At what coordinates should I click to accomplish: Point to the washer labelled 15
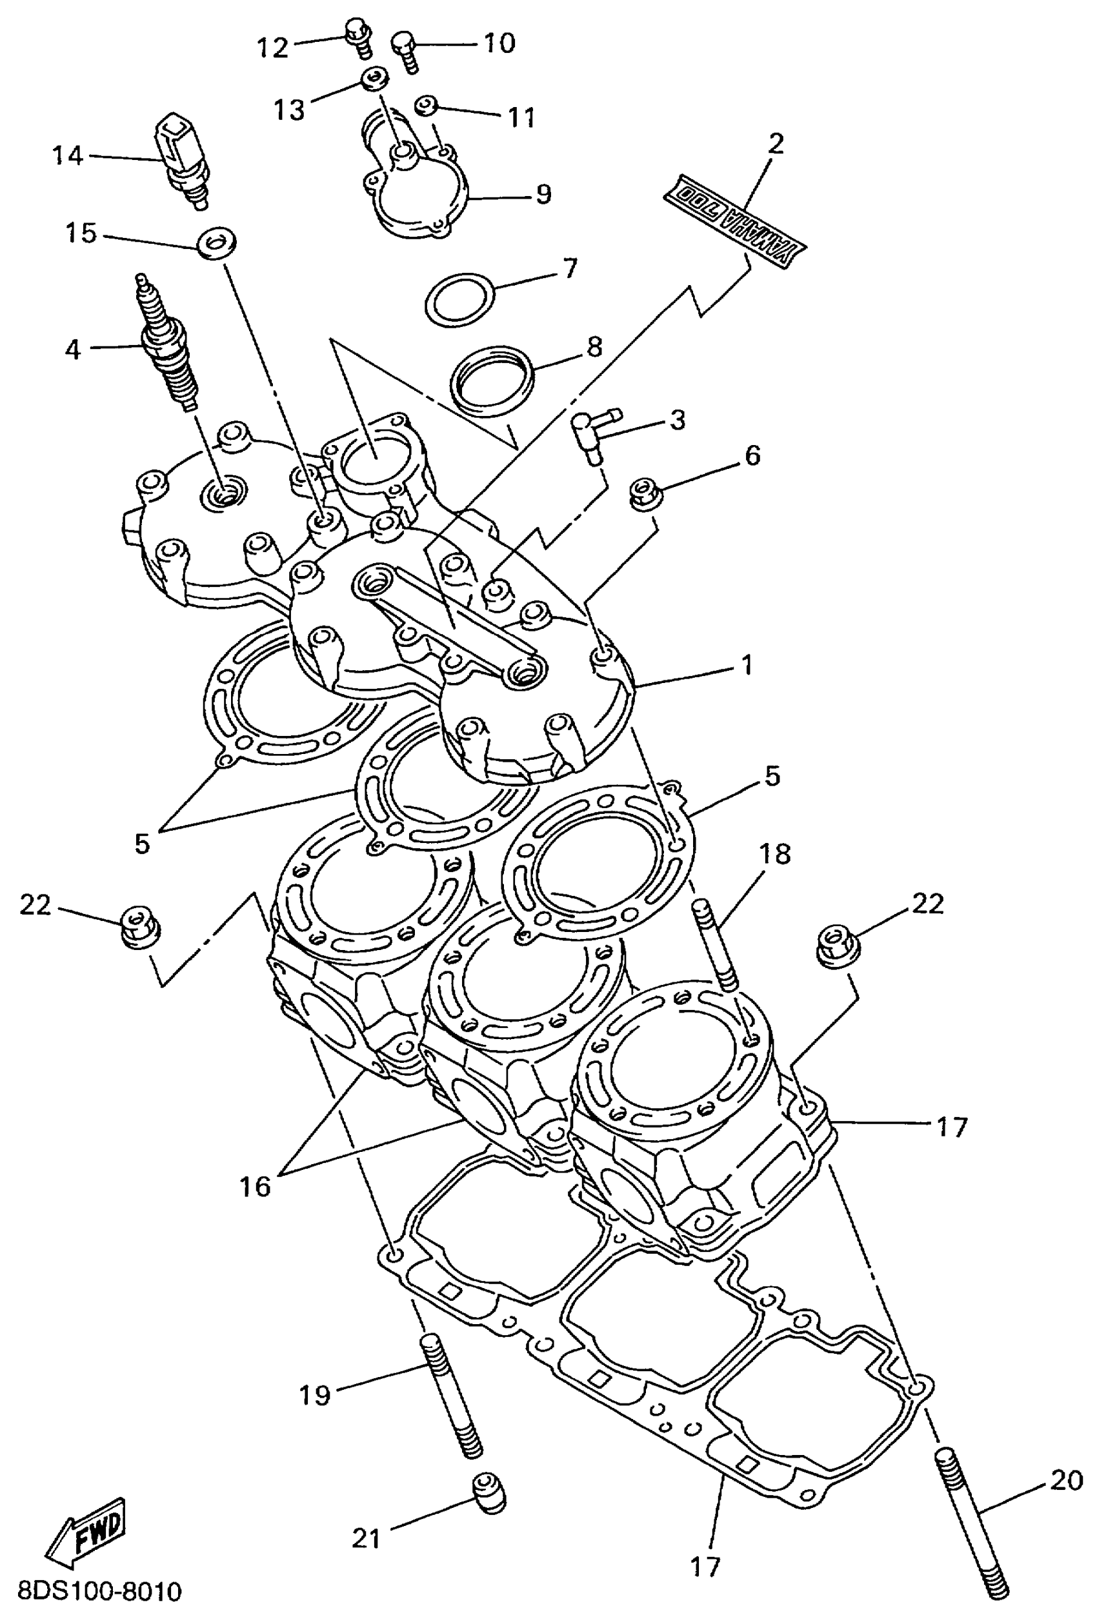point(217,244)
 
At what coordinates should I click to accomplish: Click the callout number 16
point(254,1186)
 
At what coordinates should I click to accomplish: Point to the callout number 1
point(748,665)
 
